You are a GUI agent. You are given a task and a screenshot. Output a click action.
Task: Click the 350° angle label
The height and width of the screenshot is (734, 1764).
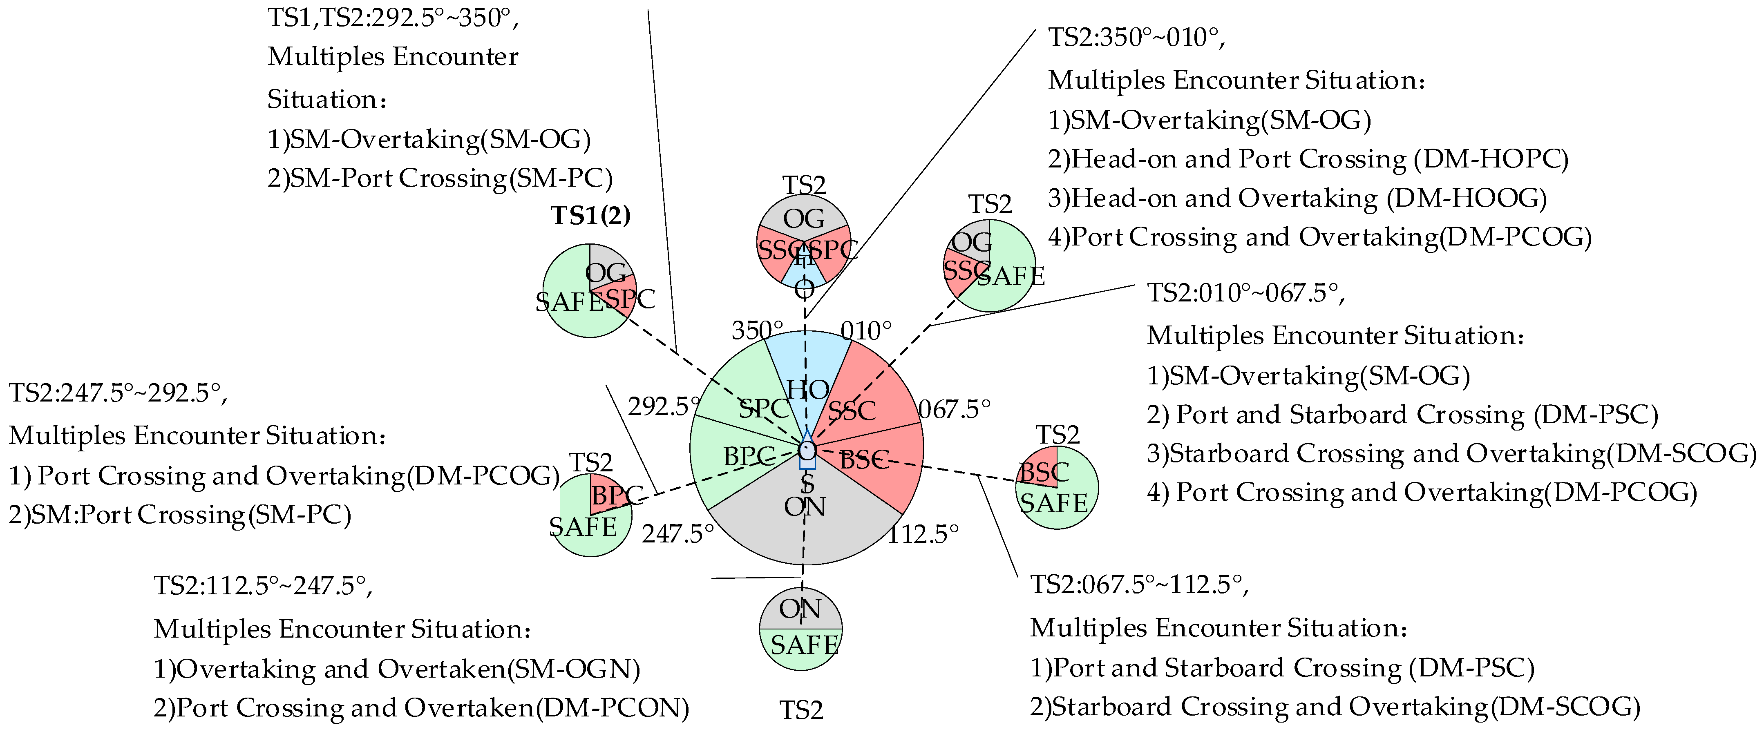[757, 331]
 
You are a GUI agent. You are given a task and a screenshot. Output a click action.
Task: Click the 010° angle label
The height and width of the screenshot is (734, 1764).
[866, 331]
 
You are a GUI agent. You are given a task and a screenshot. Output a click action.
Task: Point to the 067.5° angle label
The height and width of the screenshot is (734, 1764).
[954, 409]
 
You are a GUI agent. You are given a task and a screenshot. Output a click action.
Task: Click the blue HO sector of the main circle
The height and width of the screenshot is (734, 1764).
[807, 370]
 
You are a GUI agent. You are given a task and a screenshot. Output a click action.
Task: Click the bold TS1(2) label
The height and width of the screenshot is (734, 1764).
[590, 216]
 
